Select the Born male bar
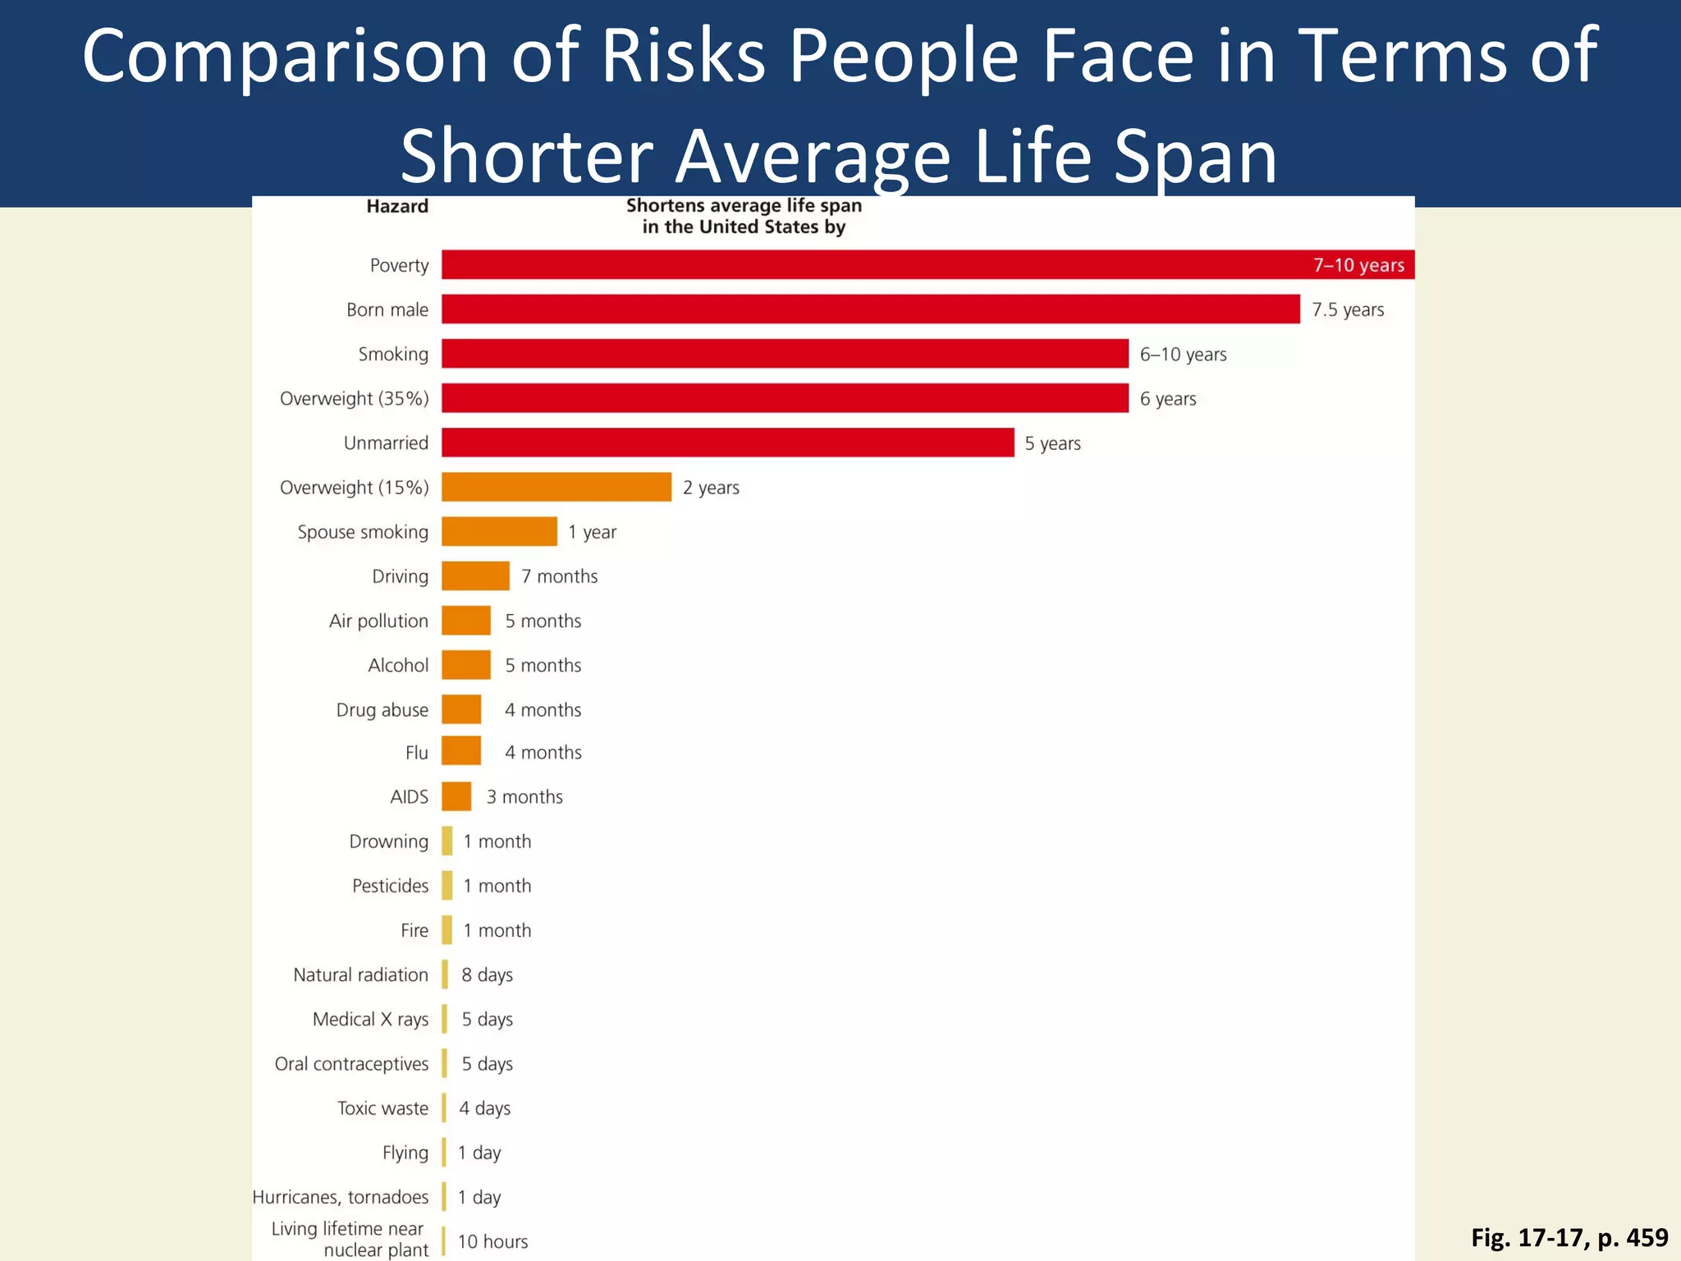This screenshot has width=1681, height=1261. point(870,310)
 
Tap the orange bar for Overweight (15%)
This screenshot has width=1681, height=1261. point(557,487)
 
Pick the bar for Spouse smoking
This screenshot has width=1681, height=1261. point(499,531)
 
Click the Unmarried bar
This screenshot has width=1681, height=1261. point(727,442)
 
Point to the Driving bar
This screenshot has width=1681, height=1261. point(475,575)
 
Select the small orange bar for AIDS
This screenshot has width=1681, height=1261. point(456,796)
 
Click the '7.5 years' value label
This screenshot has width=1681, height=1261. point(1347,310)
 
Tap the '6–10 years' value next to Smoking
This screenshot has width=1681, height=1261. point(1183,355)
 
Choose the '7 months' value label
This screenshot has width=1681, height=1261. point(559,576)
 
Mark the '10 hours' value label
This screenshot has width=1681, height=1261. point(492,1241)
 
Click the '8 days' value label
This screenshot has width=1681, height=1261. point(487,974)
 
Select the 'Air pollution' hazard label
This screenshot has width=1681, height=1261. point(378,621)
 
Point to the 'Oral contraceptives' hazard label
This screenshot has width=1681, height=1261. point(351,1064)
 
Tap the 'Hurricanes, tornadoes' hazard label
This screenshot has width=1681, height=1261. point(340,1197)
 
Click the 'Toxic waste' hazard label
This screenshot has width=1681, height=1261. point(382,1108)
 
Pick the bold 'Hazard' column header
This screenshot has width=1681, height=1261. point(397,206)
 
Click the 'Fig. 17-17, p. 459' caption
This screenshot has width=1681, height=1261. point(1569,1237)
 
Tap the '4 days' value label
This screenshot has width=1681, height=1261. point(484,1108)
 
